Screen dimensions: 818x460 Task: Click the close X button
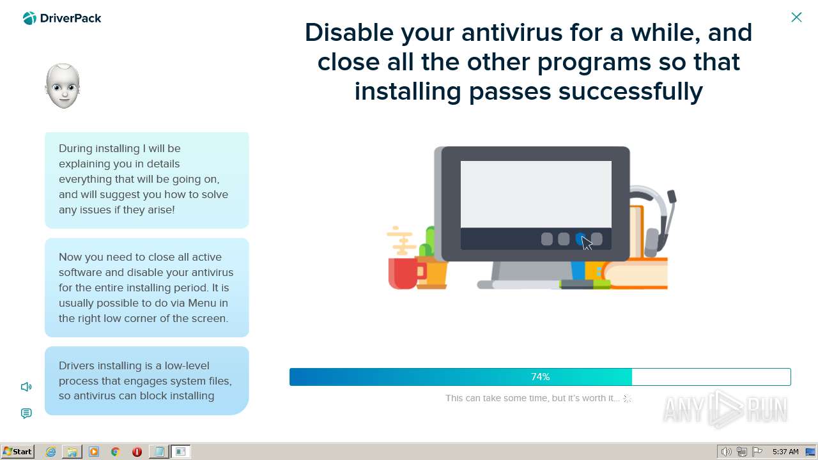(x=796, y=17)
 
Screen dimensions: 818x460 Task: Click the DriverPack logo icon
(x=29, y=18)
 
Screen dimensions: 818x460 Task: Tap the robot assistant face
(x=63, y=86)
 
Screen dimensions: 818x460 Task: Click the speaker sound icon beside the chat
(x=26, y=387)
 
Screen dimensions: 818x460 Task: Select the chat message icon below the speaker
(x=26, y=413)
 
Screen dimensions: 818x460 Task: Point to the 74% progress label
(x=540, y=377)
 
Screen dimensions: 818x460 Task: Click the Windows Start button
(x=17, y=452)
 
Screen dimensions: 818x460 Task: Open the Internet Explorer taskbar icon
(x=50, y=452)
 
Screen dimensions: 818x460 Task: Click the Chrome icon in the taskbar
(x=116, y=452)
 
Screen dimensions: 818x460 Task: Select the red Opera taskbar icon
(x=137, y=452)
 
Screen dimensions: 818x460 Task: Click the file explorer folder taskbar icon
(x=72, y=452)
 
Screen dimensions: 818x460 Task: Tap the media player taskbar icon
(x=94, y=452)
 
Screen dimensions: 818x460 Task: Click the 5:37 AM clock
(x=785, y=452)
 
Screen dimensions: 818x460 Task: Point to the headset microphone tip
(x=672, y=196)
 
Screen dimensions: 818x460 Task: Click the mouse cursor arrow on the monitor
(x=587, y=243)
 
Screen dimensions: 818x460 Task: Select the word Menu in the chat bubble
(x=202, y=303)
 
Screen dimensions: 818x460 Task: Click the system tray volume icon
(x=727, y=452)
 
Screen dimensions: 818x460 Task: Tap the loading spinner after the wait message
(x=627, y=399)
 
